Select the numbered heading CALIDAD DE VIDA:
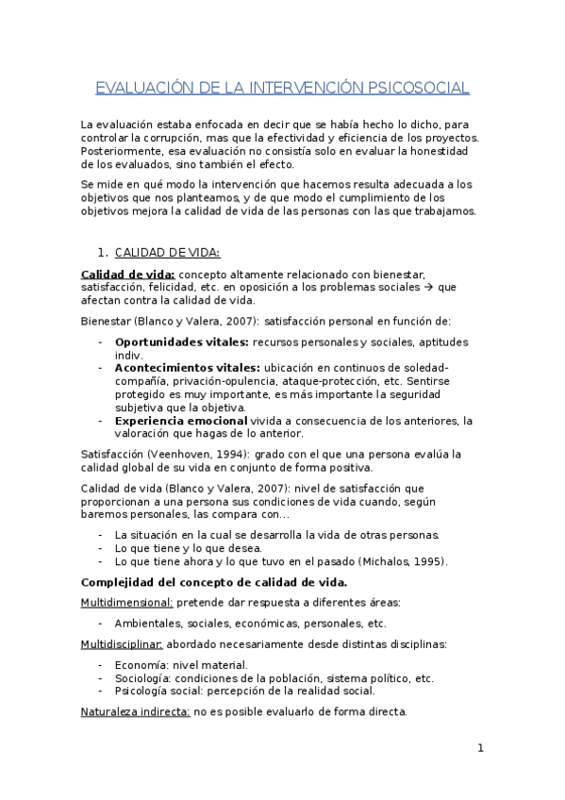167,253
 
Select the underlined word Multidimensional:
125,601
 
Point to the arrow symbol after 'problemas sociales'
430,288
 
